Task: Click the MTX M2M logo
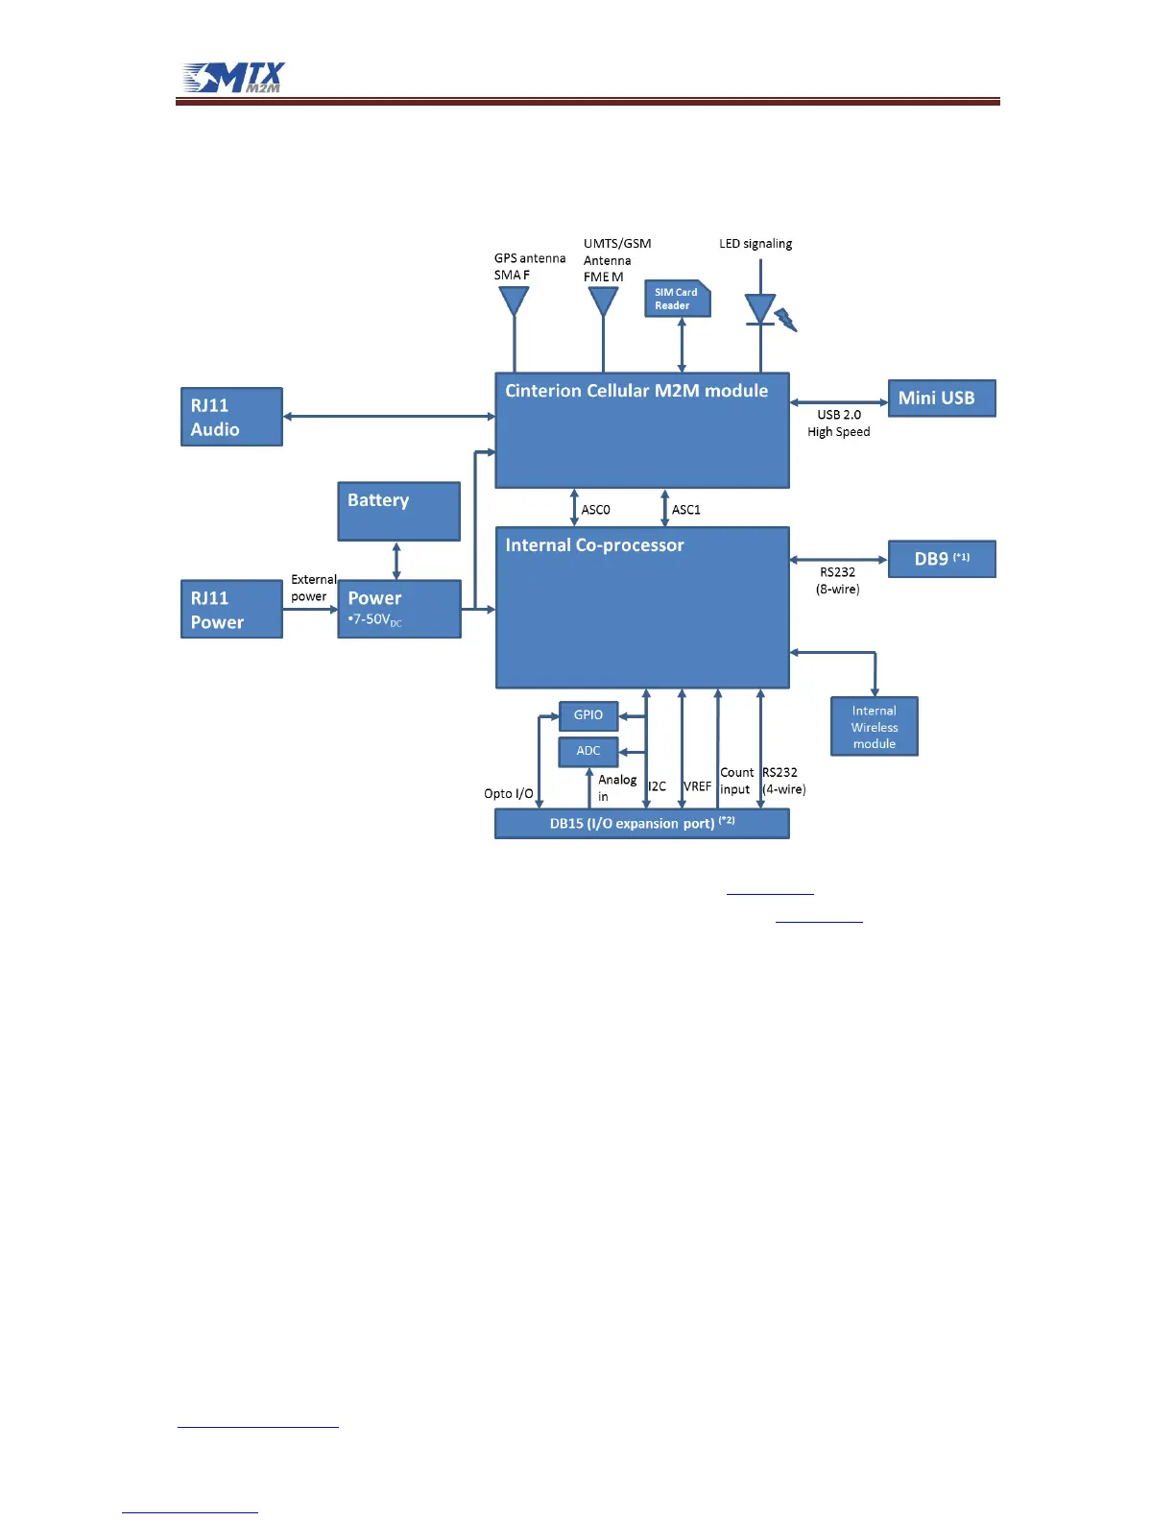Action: tap(234, 78)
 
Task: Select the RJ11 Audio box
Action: tap(231, 417)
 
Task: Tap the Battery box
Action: tap(398, 511)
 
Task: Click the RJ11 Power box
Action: tap(231, 609)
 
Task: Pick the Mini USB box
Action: tap(941, 398)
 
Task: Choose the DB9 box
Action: tap(941, 559)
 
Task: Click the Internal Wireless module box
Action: tap(874, 727)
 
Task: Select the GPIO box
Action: tap(587, 715)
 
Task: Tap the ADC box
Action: tap(587, 751)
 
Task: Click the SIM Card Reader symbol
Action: tap(677, 299)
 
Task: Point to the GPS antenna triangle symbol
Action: tap(515, 302)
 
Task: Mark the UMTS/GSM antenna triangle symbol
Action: tap(603, 302)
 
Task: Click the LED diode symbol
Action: tap(760, 309)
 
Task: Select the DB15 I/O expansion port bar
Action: tap(641, 824)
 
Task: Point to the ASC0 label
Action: tap(595, 510)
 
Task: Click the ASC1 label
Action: tap(685, 510)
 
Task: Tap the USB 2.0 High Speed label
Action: tap(839, 423)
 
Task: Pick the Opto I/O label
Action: tap(508, 794)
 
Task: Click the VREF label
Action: tap(697, 786)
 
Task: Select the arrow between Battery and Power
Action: tap(396, 561)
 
